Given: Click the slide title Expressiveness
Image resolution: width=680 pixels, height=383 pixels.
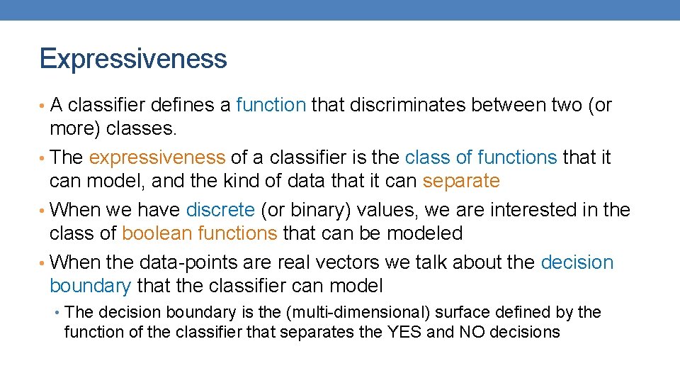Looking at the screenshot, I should [x=133, y=58].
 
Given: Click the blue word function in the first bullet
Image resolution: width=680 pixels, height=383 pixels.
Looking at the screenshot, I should [x=271, y=105].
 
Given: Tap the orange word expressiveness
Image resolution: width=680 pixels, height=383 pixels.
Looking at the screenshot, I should [x=157, y=157].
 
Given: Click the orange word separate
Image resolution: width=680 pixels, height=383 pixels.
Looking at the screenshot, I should [x=461, y=181].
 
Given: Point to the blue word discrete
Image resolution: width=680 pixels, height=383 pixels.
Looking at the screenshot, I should [x=220, y=210].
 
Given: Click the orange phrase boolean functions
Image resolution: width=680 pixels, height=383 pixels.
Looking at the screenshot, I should [x=199, y=233].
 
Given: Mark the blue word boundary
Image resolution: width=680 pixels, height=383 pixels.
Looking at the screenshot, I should [x=90, y=286].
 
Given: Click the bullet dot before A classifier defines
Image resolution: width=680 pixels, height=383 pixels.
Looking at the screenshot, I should [x=43, y=106].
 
